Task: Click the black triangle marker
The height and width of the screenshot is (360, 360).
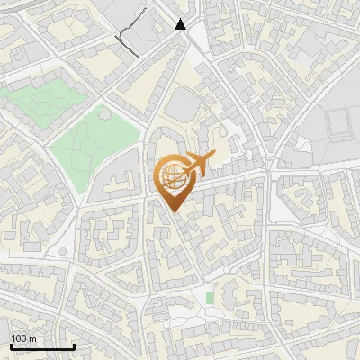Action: click(182, 25)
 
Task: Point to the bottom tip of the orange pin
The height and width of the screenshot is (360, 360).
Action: click(172, 211)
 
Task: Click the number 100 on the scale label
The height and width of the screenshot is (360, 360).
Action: click(19, 338)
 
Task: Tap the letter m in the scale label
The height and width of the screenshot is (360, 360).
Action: click(32, 338)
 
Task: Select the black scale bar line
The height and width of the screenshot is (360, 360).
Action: click(41, 346)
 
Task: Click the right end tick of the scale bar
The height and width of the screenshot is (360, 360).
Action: click(73, 345)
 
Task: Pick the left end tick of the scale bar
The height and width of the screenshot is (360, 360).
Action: click(10, 345)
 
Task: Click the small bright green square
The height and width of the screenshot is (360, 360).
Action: click(210, 297)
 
